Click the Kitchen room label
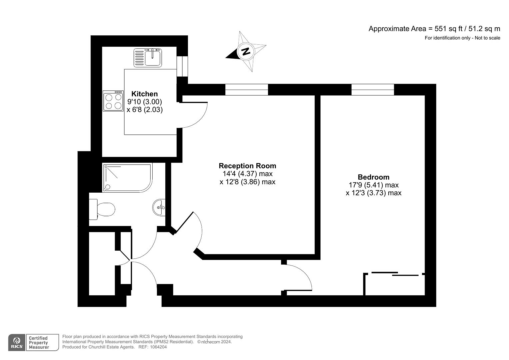[145, 94]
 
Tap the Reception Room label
[247, 166]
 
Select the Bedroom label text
[374, 177]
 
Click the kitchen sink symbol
[148, 58]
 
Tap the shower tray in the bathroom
[127, 177]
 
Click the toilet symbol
[102, 209]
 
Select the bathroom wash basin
[159, 207]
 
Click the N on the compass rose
[246, 51]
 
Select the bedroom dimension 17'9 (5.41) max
[374, 185]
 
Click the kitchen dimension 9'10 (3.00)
[145, 102]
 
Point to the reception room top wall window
[247, 90]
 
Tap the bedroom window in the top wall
[373, 90]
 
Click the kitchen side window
[182, 66]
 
